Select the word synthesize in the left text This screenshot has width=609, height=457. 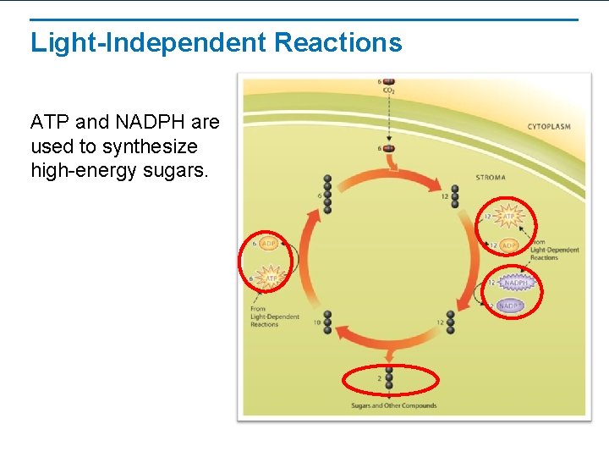tap(155, 146)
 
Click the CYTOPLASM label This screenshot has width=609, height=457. tap(549, 127)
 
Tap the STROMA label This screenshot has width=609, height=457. tap(491, 179)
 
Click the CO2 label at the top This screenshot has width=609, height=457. tap(388, 90)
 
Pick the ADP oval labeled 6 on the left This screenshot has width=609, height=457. tap(268, 244)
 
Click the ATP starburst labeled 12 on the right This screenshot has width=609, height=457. tap(508, 217)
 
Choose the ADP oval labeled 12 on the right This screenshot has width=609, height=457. tap(508, 245)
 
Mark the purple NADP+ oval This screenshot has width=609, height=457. tap(511, 306)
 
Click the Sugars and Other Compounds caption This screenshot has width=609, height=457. tap(394, 406)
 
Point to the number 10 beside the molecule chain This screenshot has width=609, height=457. tap(316, 322)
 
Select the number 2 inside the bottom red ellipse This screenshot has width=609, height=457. tap(379, 378)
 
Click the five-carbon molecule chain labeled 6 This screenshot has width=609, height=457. tap(327, 195)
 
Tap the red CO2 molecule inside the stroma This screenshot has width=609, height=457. tap(388, 149)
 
